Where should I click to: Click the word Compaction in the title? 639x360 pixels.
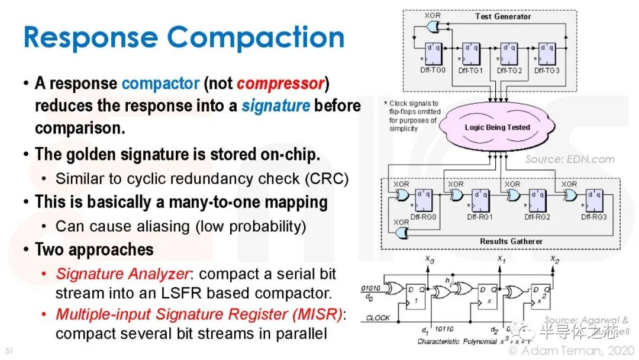click(x=256, y=38)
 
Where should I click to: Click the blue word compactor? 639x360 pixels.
click(x=160, y=83)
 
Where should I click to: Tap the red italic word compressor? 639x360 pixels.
click(x=280, y=83)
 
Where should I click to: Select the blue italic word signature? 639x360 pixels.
click(x=275, y=106)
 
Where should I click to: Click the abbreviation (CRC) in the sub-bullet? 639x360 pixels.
click(x=324, y=178)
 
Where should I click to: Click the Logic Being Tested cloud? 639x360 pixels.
click(x=497, y=127)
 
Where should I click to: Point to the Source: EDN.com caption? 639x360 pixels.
click(x=570, y=159)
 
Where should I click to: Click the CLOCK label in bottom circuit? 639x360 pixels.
click(x=378, y=318)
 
